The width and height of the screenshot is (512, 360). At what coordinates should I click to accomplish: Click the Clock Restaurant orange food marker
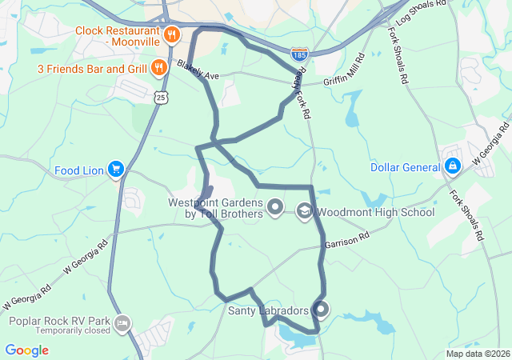point(171,35)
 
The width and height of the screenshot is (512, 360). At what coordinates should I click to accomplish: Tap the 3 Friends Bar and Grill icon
point(159,68)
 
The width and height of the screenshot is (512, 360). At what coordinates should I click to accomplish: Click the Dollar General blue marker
point(453,166)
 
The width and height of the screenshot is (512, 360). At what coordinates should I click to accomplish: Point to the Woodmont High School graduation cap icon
point(304,211)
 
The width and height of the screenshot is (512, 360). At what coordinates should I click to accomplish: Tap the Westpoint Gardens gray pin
point(275,209)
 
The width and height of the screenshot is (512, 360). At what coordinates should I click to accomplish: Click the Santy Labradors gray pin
point(321,309)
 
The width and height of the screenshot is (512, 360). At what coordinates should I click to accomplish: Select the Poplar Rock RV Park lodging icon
point(122,323)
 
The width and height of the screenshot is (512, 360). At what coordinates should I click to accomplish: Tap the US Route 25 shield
point(162,97)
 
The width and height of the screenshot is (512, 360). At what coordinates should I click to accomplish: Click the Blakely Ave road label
point(198,70)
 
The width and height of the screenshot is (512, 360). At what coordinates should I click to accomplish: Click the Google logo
point(26,350)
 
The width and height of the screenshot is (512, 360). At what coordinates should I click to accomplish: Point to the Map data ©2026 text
point(478,354)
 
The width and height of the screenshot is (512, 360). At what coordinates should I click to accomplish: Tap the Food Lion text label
point(79,170)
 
